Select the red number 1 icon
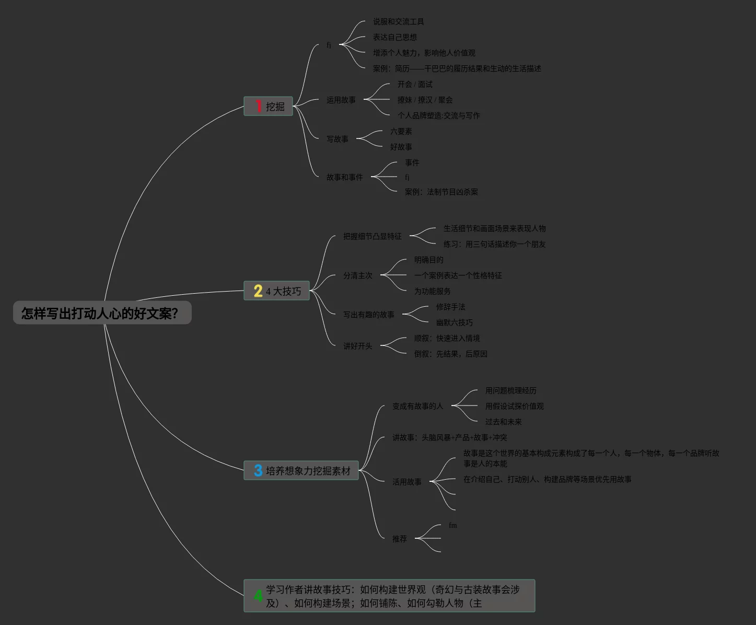(258, 106)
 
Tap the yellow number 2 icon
(258, 291)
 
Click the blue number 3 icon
(258, 471)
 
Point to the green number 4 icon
(258, 596)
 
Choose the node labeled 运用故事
(341, 100)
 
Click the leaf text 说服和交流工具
(398, 21)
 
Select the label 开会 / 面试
(414, 84)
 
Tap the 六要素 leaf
(401, 131)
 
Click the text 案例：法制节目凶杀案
(441, 192)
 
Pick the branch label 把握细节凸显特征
(372, 236)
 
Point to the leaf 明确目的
(428, 260)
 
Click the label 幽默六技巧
(454, 322)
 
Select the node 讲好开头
(357, 346)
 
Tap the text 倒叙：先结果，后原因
(450, 354)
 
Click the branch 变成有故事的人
(417, 406)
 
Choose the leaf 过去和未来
(503, 422)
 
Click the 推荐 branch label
(399, 539)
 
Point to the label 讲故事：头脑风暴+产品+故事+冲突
(449, 437)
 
